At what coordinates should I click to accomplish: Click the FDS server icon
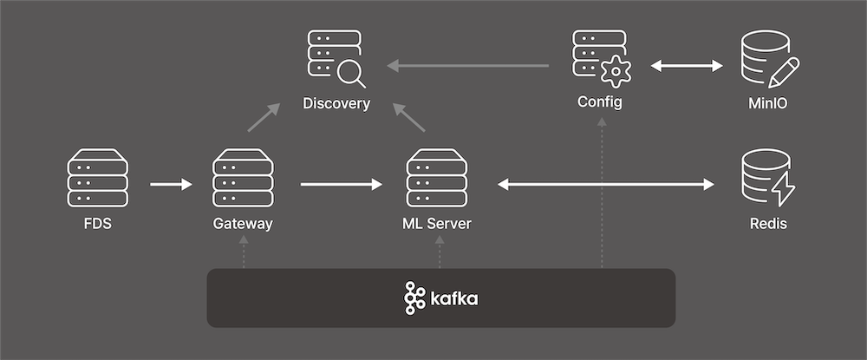coord(97,179)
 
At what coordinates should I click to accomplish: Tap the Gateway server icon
coord(243,179)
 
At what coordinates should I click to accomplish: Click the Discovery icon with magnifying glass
coord(336,58)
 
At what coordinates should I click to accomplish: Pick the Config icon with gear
coord(601,58)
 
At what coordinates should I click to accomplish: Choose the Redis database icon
coord(768,179)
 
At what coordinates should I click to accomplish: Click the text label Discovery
coord(336,104)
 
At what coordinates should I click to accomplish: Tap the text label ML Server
coord(437,224)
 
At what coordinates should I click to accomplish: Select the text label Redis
coord(768,224)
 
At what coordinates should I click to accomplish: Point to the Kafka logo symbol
coord(414,298)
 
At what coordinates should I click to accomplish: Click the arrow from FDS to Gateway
coord(171,184)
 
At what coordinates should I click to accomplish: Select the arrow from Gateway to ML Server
coord(341,184)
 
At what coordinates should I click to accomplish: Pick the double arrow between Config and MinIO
coord(687,65)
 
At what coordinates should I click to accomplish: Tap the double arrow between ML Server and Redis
coord(606,184)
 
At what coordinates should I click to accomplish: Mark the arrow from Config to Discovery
coord(468,65)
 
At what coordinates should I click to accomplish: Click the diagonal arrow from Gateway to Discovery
coord(264,117)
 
